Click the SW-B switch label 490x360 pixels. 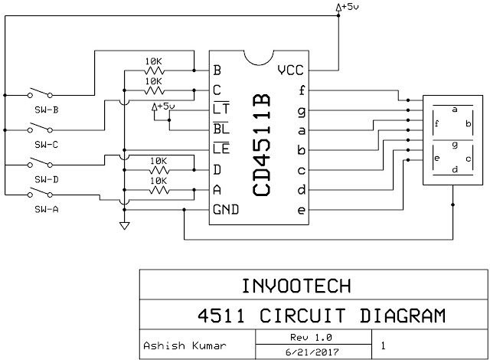point(47,110)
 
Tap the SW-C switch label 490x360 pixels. point(47,145)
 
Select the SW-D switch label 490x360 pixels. point(47,180)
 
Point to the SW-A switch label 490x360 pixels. point(47,209)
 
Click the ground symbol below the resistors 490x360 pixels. point(124,226)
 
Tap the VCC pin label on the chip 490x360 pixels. point(290,70)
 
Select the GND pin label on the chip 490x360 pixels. point(226,209)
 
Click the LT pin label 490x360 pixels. point(221,109)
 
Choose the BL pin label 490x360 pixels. point(221,128)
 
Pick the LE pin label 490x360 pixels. point(221,148)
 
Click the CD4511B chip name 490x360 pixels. point(261,145)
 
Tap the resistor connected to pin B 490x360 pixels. point(154,70)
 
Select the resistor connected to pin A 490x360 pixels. point(159,190)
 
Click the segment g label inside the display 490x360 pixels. point(455,145)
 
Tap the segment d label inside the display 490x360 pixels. point(455,169)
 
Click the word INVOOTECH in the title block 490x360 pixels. point(296,286)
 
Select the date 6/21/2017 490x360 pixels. point(312,352)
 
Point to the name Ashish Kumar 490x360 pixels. point(185,345)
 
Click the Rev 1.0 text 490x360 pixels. point(311,338)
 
